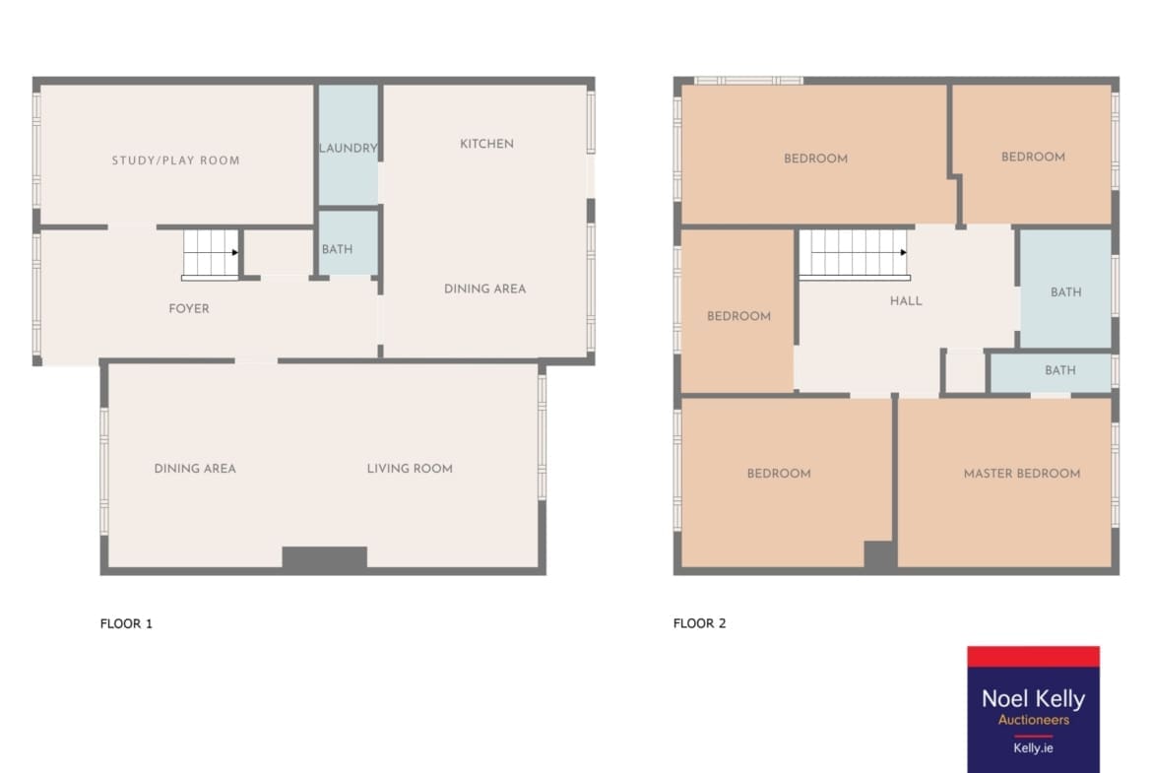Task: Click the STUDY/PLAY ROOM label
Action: coord(175,161)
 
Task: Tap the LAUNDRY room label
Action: coord(349,148)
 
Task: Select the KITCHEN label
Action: coord(486,144)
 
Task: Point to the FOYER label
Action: coord(189,308)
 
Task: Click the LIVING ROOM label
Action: coord(410,469)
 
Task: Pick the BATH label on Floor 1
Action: coord(337,249)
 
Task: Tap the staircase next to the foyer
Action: coord(211,254)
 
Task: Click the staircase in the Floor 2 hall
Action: coord(855,254)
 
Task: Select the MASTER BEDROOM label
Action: coord(1022,474)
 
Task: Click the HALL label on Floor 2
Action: coord(906,301)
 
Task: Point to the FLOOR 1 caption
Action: coord(126,624)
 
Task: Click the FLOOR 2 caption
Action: coord(699,623)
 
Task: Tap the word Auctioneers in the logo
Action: coord(1033,720)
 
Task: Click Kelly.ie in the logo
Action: coord(1033,748)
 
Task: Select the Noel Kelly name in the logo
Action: coord(1033,698)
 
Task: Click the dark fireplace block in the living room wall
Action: coord(325,557)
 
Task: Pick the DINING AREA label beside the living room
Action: coord(195,469)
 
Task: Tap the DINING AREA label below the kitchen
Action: coord(484,289)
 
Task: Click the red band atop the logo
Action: coord(1033,657)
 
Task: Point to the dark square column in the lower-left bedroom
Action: coord(878,554)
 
